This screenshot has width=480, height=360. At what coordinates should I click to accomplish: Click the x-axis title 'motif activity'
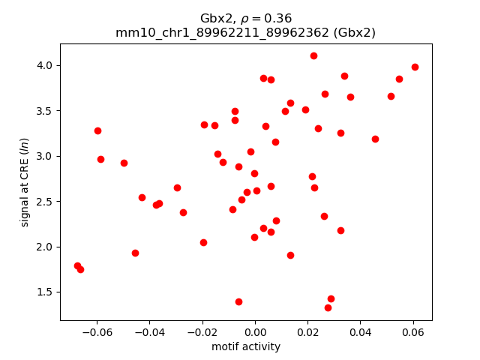[246, 346]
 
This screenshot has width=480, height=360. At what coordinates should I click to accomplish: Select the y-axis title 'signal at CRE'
[25, 181]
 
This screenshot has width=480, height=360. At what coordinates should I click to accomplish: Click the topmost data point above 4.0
[313, 55]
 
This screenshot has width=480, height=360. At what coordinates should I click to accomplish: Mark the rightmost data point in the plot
[415, 67]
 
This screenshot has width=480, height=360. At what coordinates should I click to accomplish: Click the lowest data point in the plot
[328, 307]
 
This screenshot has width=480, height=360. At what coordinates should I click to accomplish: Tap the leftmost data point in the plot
[77, 265]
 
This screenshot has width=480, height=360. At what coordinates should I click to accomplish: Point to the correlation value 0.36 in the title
[278, 18]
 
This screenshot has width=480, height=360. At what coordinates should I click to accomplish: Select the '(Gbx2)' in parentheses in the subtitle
[352, 32]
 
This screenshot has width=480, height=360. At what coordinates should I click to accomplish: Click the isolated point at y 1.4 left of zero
[238, 301]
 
